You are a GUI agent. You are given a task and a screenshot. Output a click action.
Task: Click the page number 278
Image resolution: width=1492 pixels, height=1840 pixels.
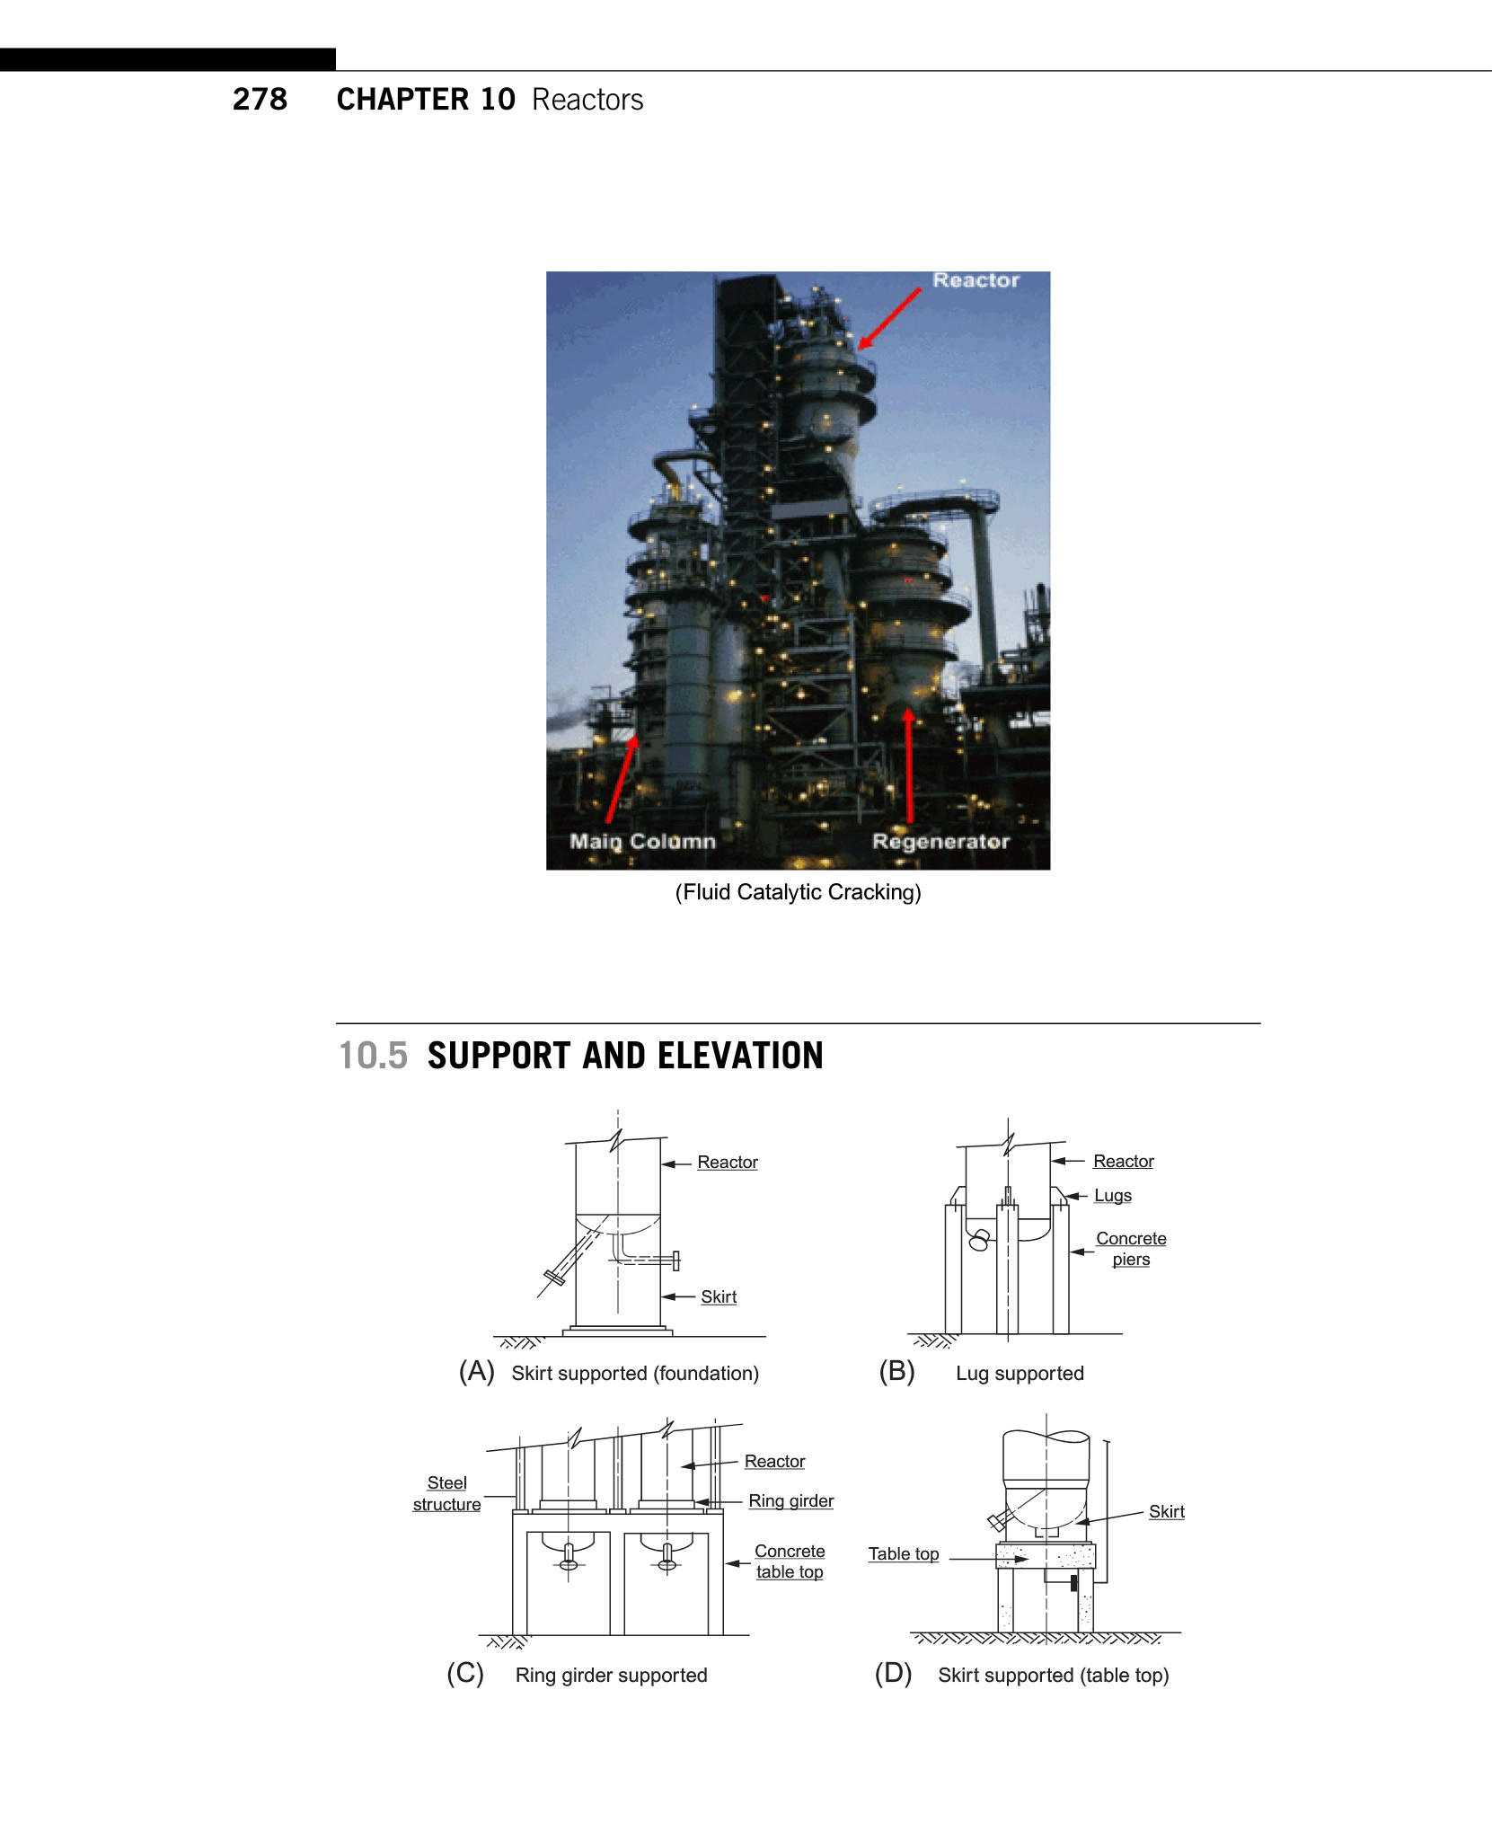[x=260, y=99]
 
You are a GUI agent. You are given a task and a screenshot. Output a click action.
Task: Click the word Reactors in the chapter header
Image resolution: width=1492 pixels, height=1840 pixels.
[x=587, y=99]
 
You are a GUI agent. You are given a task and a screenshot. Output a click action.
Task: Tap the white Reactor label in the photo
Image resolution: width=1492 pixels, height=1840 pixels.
[x=976, y=280]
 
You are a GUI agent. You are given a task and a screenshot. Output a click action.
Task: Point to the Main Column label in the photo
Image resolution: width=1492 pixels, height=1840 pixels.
[x=642, y=842]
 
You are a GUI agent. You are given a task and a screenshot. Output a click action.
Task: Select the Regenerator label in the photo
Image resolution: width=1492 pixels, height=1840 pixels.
[x=940, y=842]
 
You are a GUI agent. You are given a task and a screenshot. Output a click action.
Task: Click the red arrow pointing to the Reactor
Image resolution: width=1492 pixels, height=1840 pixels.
[x=889, y=318]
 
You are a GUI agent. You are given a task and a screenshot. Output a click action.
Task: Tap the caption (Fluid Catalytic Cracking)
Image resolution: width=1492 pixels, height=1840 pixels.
[x=798, y=892]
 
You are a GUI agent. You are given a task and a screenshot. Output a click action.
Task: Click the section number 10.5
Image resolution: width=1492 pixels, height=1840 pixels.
[x=373, y=1056]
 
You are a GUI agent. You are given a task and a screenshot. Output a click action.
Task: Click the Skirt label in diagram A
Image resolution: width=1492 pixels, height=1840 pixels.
[x=719, y=1296]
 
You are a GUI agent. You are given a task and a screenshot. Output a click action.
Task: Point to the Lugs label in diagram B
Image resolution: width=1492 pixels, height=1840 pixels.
[x=1112, y=1196]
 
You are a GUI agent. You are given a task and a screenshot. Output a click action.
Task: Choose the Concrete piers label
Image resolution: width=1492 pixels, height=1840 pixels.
[x=1131, y=1249]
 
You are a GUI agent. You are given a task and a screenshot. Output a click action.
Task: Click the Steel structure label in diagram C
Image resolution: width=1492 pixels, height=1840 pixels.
[x=446, y=1493]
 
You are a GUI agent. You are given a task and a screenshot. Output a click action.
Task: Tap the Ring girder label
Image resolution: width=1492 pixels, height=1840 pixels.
[x=790, y=1500]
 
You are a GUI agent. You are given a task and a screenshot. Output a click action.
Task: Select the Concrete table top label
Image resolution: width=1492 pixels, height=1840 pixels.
[x=790, y=1561]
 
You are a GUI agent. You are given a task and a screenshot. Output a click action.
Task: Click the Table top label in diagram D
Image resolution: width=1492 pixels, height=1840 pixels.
[x=904, y=1553]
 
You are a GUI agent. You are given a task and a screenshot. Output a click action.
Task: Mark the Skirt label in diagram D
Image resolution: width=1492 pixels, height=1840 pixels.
[x=1166, y=1511]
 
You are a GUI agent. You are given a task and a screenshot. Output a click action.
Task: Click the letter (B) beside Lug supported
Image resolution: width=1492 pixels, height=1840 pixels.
[x=896, y=1372]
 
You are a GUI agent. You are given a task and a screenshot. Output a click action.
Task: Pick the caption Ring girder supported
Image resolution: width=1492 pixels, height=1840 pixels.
[x=611, y=1675]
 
